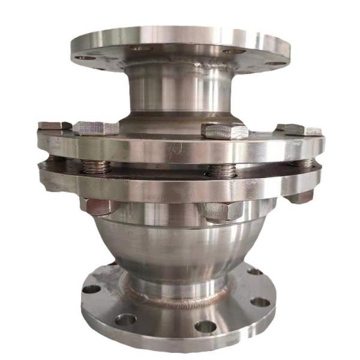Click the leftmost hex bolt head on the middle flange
(54, 125)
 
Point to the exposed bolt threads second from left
(96, 166)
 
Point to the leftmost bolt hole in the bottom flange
(91, 289)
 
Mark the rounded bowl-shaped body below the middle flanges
(180, 246)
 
